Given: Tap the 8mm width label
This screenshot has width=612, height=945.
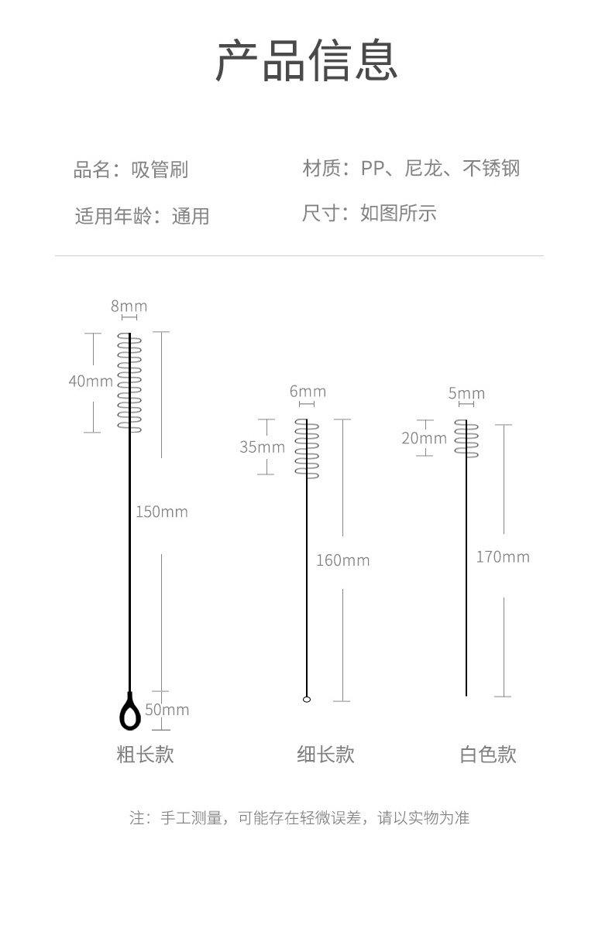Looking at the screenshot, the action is (x=129, y=306).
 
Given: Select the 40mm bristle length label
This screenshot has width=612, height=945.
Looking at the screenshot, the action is (x=91, y=381).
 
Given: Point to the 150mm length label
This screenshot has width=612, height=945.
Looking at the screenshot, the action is (x=162, y=512).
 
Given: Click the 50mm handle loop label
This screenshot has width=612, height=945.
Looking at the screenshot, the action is (x=167, y=710).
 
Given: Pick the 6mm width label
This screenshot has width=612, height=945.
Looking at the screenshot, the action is (x=308, y=392).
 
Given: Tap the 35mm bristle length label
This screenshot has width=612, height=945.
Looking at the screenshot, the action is (x=262, y=447).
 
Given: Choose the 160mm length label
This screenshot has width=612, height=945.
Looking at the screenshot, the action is (x=342, y=560).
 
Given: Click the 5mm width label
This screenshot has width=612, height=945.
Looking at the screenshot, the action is (x=466, y=394).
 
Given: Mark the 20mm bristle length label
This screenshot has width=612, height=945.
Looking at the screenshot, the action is (x=424, y=439).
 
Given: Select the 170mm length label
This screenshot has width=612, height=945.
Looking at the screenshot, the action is (x=503, y=557).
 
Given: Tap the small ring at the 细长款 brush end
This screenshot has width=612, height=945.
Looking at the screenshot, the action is (x=307, y=699).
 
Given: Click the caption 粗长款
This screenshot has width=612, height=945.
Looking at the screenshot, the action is (x=145, y=755).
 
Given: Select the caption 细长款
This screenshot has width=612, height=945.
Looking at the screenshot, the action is (x=325, y=755).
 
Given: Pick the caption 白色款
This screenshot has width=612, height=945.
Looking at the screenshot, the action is (x=488, y=755).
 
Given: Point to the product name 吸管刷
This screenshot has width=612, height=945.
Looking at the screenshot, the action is (x=160, y=169).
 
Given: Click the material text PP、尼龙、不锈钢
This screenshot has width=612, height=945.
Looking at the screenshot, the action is (x=440, y=168).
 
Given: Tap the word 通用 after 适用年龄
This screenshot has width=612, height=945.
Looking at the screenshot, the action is (x=191, y=216).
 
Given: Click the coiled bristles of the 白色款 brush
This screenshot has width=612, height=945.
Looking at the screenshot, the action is (x=466, y=438).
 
